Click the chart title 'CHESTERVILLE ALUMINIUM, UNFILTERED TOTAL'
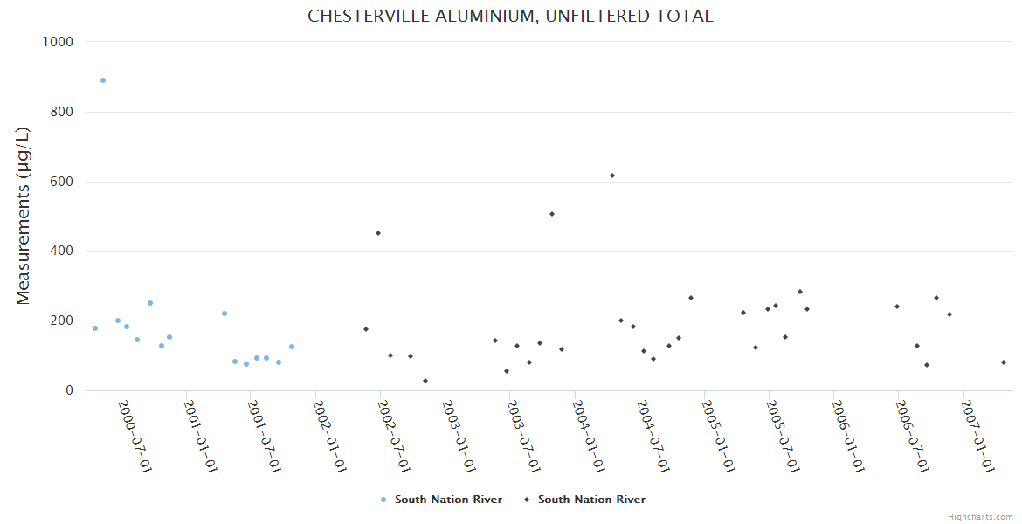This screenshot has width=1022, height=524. [x=510, y=16]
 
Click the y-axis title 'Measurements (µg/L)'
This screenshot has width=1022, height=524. [x=24, y=216]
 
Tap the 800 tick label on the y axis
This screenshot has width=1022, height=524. [x=60, y=112]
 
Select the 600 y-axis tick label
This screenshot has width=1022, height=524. [x=60, y=182]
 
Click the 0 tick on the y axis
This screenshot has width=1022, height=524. [x=68, y=390]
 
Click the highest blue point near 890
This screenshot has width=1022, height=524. [x=103, y=80]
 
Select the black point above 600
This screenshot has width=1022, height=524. [x=612, y=176]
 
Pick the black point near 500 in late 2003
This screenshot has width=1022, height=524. [x=552, y=214]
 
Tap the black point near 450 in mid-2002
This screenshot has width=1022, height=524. [x=378, y=233]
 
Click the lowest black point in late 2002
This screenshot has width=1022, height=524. [x=425, y=381]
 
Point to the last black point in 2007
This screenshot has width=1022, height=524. [x=1004, y=362]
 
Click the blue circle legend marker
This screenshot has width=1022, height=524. [x=383, y=500]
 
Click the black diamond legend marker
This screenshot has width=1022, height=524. [x=527, y=500]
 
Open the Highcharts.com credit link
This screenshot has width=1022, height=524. [x=980, y=517]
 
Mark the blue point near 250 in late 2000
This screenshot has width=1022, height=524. [x=150, y=303]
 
